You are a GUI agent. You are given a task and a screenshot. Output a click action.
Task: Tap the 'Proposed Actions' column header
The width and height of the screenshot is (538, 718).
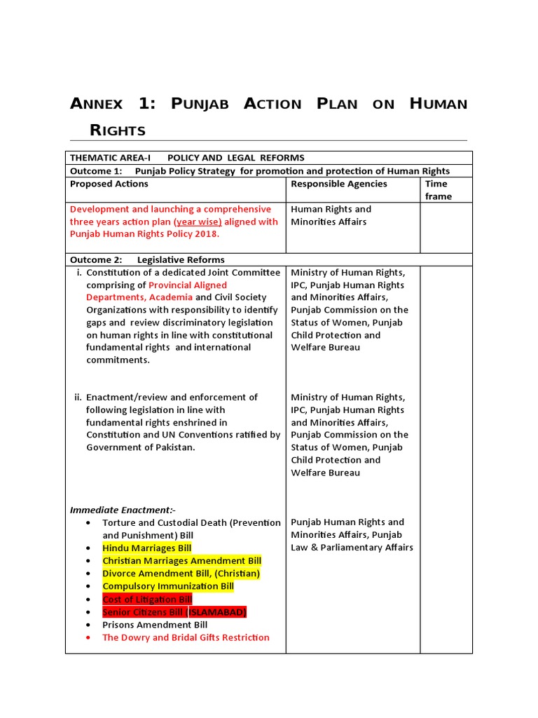(109, 184)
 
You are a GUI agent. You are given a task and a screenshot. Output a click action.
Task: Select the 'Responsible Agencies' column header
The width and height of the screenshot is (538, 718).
(338, 184)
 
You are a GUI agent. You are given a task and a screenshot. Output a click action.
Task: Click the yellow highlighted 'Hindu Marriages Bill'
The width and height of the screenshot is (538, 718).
(146, 548)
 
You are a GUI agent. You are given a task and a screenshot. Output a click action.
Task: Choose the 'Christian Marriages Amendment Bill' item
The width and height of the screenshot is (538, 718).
(181, 561)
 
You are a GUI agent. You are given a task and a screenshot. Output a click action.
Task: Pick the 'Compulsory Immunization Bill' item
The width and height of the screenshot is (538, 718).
(168, 586)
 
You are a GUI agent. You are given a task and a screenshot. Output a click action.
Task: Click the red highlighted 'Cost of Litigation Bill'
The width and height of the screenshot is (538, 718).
(147, 600)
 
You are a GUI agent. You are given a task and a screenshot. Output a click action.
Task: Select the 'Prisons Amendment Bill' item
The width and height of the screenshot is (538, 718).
(155, 625)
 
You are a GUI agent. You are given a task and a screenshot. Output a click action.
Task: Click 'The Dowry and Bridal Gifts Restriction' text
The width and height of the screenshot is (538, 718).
(186, 637)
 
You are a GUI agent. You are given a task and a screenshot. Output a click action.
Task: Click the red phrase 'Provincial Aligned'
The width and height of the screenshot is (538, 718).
(188, 285)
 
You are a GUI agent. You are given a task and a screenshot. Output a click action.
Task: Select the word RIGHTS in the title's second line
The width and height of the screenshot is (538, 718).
(118, 130)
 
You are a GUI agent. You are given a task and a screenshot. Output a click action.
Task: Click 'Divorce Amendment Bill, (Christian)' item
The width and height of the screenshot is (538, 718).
(181, 574)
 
